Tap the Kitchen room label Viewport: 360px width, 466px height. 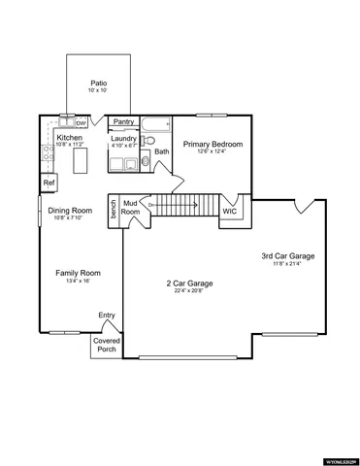pos(70,139)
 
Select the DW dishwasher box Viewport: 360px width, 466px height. pos(82,123)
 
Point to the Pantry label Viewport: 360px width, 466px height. pos(123,122)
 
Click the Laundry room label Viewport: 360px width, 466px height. pos(123,139)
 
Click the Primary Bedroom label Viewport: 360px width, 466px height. pos(213,144)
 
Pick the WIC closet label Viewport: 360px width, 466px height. pos(230,211)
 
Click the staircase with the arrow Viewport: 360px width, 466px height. pos(184,206)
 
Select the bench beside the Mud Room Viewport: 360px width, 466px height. pos(114,211)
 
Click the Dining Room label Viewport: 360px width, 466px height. pos(71,211)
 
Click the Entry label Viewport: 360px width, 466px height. pos(107,315)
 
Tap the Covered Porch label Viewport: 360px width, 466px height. pos(106,345)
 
